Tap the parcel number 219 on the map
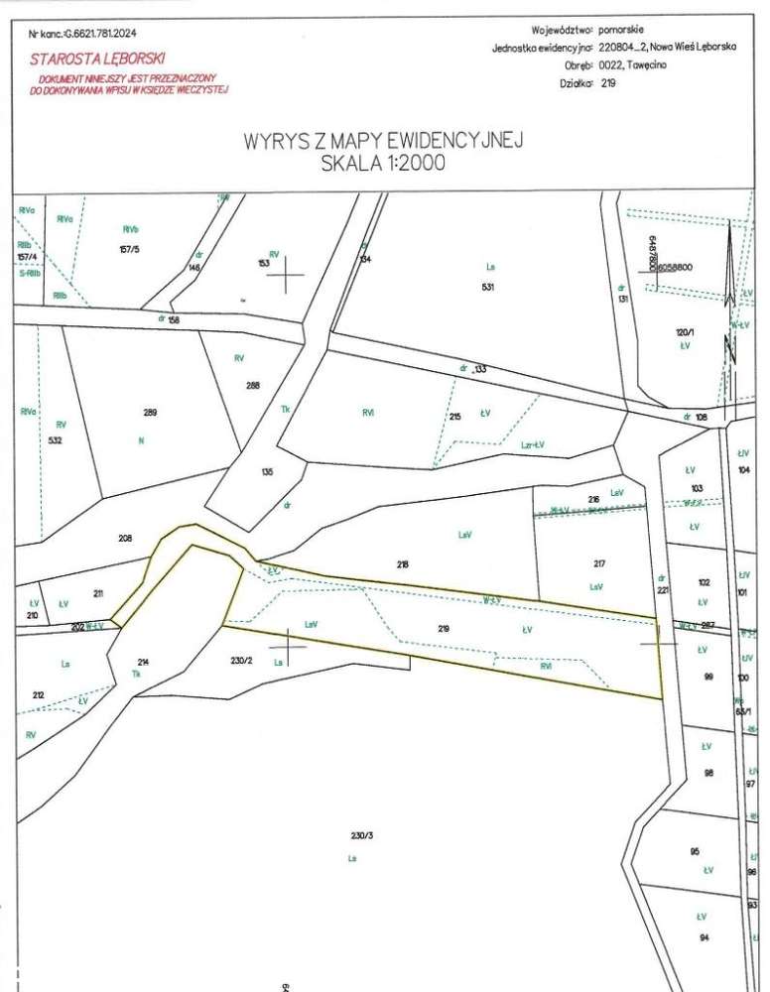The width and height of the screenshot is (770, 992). tap(444, 628)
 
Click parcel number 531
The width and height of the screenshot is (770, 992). tap(486, 288)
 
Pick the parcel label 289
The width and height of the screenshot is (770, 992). tap(150, 412)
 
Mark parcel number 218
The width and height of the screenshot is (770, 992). tap(402, 564)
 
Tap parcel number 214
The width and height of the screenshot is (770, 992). tap(142, 660)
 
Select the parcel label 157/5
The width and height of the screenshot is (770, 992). tap(129, 249)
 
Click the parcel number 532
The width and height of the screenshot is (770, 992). tap(55, 439)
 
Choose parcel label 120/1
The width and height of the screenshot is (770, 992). tap(682, 334)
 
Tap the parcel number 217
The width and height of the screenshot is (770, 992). tap(598, 564)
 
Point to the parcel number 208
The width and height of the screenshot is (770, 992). tap(125, 538)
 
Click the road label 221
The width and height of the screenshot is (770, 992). tap(664, 591)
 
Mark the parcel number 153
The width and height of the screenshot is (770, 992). tap(264, 264)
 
